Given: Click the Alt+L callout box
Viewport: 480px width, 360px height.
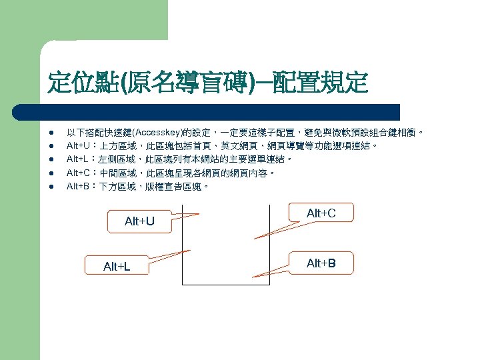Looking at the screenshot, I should [117, 267].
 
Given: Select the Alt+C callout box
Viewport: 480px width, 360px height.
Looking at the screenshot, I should [321, 213].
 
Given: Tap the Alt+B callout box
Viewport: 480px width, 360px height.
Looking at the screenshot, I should [321, 263].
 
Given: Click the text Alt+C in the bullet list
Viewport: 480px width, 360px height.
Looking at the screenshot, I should [77, 173].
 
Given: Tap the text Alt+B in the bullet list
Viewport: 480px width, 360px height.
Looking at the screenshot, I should [77, 187].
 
